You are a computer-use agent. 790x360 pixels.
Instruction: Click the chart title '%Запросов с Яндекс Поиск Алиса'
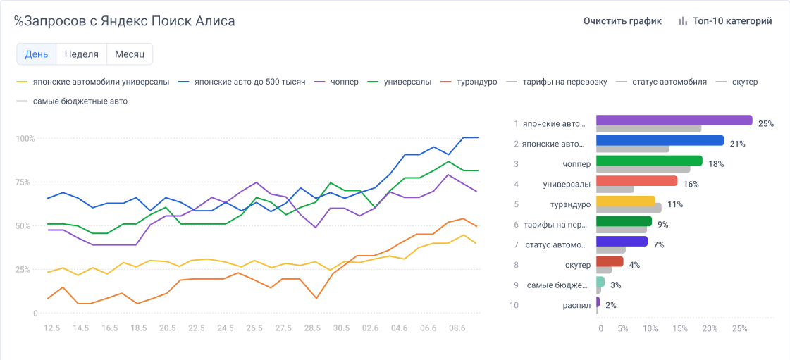pyautogui.click(x=125, y=21)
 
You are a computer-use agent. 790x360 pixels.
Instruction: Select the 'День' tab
pyautogui.click(x=37, y=54)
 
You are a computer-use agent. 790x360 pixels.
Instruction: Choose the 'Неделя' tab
pyautogui.click(x=81, y=54)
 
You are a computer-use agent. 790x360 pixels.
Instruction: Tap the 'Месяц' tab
pyautogui.click(x=130, y=54)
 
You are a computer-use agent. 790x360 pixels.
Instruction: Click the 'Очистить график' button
pyautogui.click(x=622, y=21)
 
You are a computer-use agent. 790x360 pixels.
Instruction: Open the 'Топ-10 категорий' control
pyautogui.click(x=725, y=21)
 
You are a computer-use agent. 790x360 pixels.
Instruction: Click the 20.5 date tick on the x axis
pyautogui.click(x=168, y=328)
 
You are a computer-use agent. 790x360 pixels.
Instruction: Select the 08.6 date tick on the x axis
pyautogui.click(x=457, y=328)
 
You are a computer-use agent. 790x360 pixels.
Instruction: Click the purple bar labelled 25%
pyautogui.click(x=674, y=120)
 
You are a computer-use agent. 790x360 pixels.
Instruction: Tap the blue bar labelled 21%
pyautogui.click(x=660, y=140)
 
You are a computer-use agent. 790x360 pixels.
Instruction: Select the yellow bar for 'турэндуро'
pyautogui.click(x=626, y=201)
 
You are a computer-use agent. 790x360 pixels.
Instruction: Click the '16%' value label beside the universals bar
pyautogui.click(x=691, y=185)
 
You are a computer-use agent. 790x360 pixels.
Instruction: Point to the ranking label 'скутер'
pyautogui.click(x=577, y=265)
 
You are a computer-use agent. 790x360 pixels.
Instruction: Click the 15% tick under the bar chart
pyautogui.click(x=680, y=328)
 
